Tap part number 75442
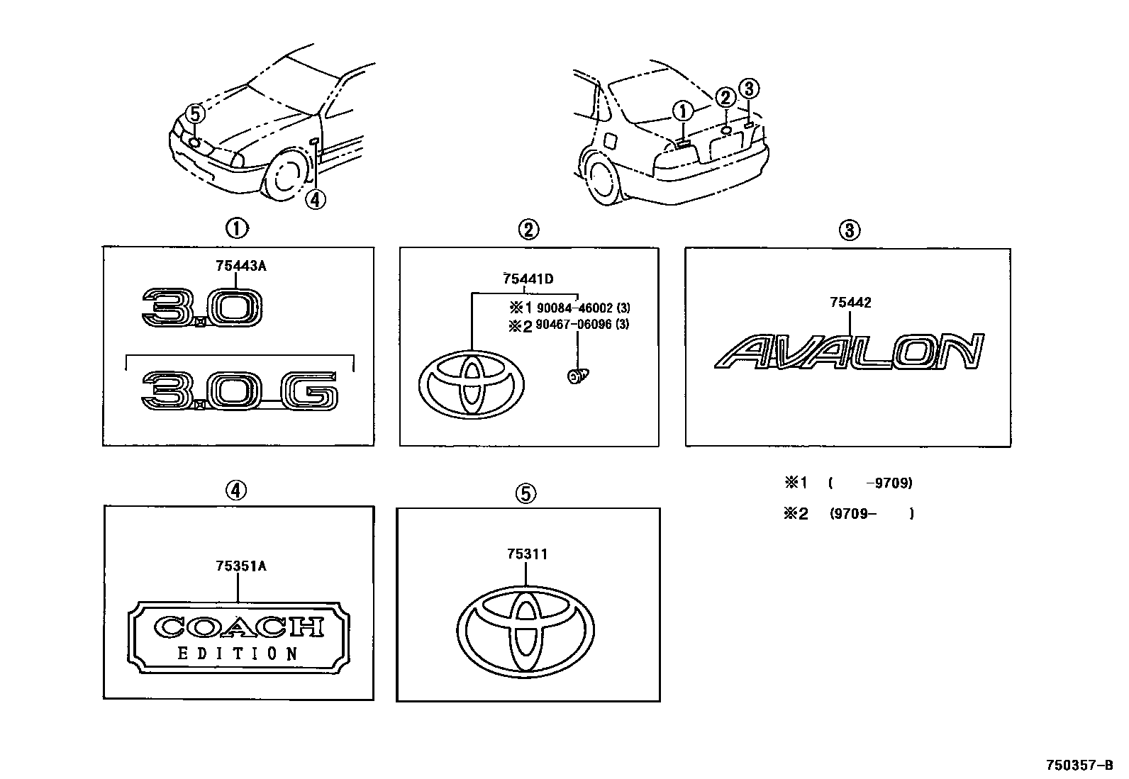click(x=850, y=303)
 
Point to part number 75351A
click(x=240, y=566)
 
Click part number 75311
click(x=527, y=554)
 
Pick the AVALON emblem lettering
click(x=849, y=352)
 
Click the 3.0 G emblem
click(x=240, y=392)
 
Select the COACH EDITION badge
click(x=239, y=635)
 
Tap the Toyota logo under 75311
click(x=526, y=630)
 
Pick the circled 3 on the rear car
click(x=749, y=89)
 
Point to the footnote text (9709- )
click(x=872, y=514)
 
